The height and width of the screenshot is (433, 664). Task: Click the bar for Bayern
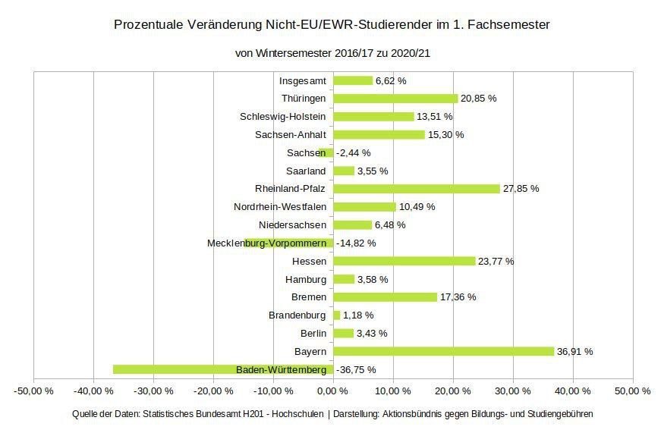[x=444, y=351]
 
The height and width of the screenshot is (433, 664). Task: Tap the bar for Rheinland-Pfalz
[x=417, y=189]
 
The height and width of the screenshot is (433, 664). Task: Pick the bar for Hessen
[x=404, y=261]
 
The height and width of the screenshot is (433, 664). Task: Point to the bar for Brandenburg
[x=337, y=315]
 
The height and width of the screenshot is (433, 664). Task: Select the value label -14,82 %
[x=356, y=243]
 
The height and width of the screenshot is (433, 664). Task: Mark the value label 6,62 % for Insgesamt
[x=391, y=80]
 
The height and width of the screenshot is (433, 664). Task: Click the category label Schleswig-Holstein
[x=282, y=117]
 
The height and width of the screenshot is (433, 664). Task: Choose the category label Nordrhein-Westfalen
[x=280, y=207]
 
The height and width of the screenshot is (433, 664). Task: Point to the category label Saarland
[x=306, y=171]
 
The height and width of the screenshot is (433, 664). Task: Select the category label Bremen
[x=308, y=297]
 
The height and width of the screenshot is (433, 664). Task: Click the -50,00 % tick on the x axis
[x=33, y=391]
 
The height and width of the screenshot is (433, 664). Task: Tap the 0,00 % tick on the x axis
[x=332, y=391]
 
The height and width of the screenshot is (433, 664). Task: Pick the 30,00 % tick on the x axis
[x=512, y=391]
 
